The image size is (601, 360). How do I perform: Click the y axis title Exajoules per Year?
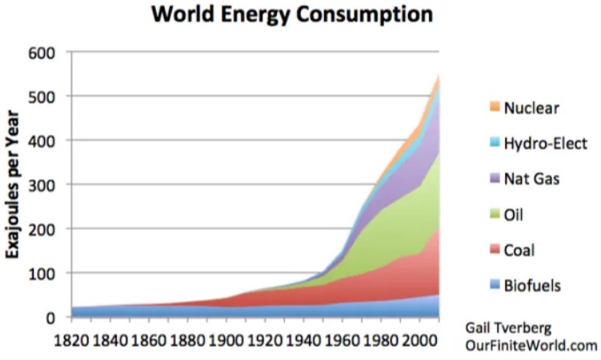click(15, 185)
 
